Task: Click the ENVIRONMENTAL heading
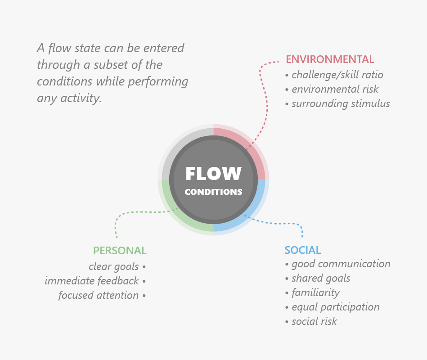tap(330, 59)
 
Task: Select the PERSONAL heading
tap(120, 251)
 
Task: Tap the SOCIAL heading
tap(302, 250)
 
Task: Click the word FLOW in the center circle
tap(213, 174)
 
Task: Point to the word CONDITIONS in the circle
tap(213, 192)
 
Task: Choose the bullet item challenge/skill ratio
tap(337, 75)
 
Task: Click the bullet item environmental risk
tap(335, 89)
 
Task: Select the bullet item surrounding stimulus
tap(341, 103)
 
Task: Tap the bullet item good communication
tap(341, 264)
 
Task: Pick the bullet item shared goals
tap(320, 278)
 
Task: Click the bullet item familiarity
tap(315, 292)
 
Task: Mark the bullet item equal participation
tap(335, 307)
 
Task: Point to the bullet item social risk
tap(314, 321)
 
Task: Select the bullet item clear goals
tap(114, 266)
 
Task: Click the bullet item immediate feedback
tap(92, 281)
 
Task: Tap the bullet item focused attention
tap(99, 295)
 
